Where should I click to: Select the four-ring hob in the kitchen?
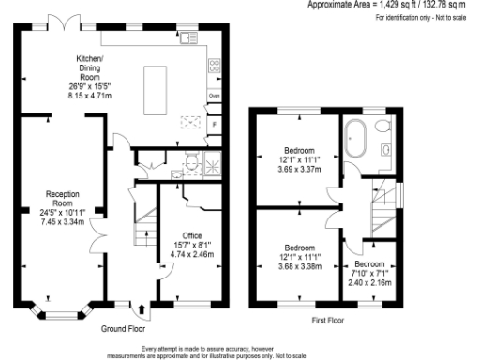tap(215, 66)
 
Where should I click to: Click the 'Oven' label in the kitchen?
tap(214, 96)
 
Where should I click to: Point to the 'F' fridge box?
tap(214, 124)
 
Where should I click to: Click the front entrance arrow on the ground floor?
tap(141, 308)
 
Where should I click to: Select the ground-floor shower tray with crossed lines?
tap(211, 162)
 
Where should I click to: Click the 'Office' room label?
tap(190, 236)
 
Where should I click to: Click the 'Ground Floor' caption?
tap(124, 330)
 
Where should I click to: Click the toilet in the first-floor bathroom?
tap(386, 149)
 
